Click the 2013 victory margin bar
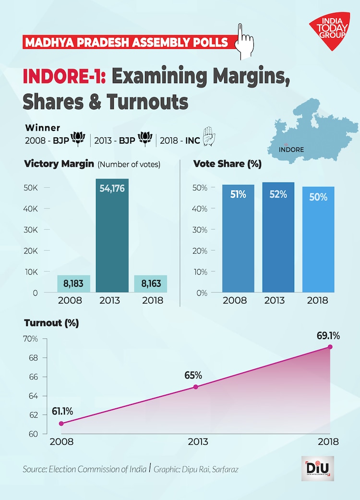pos(112,235)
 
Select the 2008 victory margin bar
pos(73,283)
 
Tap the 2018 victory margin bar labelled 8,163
pos(151,283)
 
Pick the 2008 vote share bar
pos(238,238)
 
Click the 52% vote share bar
pos(278,237)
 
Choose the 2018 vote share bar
pos(318,239)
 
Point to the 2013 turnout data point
pos(195,387)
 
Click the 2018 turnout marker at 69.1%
pos(330,347)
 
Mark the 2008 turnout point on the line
pos(61,423)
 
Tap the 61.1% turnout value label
pos(62,411)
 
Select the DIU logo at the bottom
pos(317,468)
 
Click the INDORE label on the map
pos(292,149)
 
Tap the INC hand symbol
pos(208,136)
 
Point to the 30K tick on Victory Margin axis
pos(31,230)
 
